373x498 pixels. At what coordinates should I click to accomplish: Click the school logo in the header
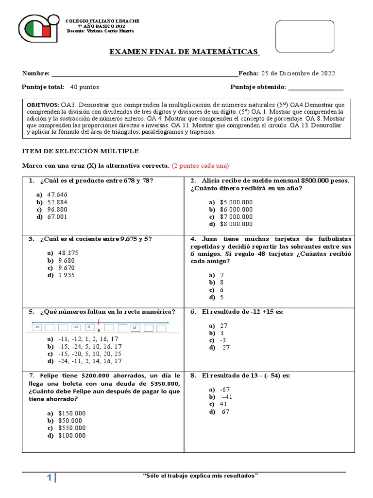coord(35,30)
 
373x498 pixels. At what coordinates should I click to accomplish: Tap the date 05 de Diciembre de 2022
coord(298,73)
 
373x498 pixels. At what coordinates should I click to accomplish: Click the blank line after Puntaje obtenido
coord(316,88)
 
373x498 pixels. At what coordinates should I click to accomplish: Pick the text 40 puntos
coord(85,87)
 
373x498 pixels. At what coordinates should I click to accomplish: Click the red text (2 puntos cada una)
coord(200,166)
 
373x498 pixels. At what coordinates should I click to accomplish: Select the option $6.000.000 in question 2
coord(236,209)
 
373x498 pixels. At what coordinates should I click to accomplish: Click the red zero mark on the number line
coord(99,323)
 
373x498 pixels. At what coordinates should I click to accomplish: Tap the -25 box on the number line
coord(37,327)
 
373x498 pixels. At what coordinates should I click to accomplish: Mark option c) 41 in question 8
coord(223,404)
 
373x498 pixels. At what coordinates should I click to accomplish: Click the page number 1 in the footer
coord(49,479)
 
